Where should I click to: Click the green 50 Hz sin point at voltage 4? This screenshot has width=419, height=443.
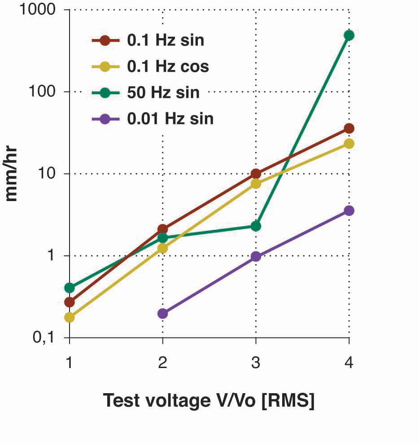pyautogui.click(x=349, y=35)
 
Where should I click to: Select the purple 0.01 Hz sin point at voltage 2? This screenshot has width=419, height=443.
pyautogui.click(x=162, y=313)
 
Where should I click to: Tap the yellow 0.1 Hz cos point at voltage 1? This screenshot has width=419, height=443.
pyautogui.click(x=70, y=317)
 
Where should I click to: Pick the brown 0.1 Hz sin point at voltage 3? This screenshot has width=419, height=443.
pyautogui.click(x=256, y=174)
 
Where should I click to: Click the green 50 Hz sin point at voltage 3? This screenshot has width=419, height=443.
pyautogui.click(x=256, y=226)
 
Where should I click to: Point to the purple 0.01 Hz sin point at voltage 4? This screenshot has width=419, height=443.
pyautogui.click(x=349, y=211)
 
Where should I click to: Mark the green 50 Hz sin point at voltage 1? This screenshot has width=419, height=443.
pyautogui.click(x=70, y=287)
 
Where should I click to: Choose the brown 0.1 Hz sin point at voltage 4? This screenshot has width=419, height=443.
pyautogui.click(x=349, y=129)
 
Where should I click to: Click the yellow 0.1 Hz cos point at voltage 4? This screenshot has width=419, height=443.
pyautogui.click(x=349, y=144)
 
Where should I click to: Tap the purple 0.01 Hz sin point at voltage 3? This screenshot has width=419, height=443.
pyautogui.click(x=256, y=256)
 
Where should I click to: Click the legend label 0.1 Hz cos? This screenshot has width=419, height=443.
pyautogui.click(x=168, y=66)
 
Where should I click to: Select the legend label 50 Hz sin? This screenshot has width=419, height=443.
pyautogui.click(x=163, y=93)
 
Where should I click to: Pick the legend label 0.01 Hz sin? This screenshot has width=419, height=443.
pyautogui.click(x=170, y=119)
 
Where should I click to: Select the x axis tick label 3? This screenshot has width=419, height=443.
pyautogui.click(x=256, y=362)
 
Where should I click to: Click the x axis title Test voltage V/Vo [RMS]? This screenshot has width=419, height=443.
pyautogui.click(x=209, y=400)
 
